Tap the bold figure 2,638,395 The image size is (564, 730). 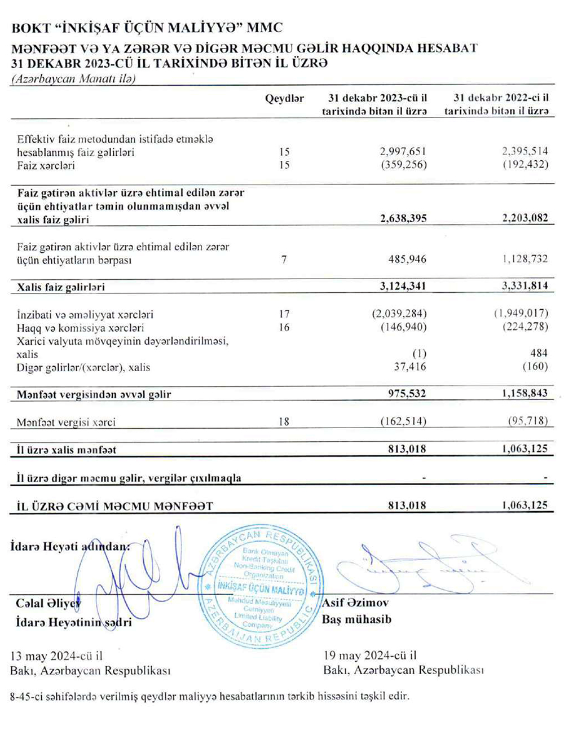[403, 218]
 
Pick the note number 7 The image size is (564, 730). [284, 260]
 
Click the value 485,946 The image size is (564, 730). [407, 260]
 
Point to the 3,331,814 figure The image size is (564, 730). [525, 286]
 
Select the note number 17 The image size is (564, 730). [284, 314]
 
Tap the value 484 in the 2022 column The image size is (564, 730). [539, 353]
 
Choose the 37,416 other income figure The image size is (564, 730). [410, 367]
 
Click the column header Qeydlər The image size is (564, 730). [284, 99]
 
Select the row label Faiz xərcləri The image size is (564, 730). [46, 166]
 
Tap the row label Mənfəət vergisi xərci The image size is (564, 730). [66, 422]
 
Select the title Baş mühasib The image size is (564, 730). [356, 619]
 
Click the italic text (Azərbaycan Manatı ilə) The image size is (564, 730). [74, 79]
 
